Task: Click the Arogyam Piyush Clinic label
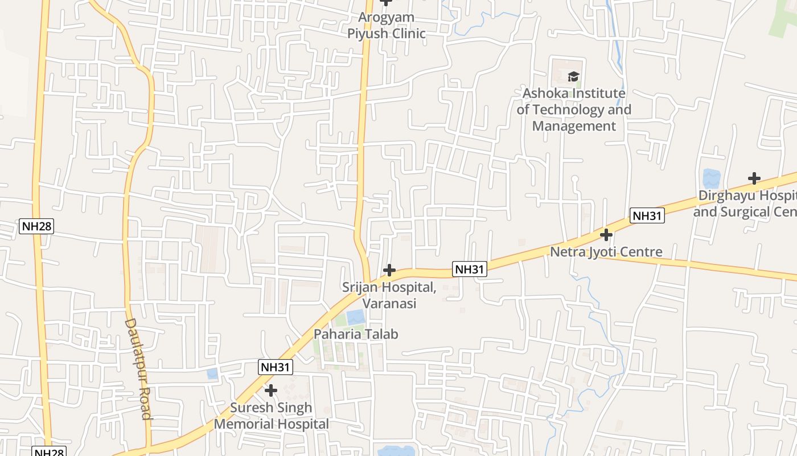coord(387,26)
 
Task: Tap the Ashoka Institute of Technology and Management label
coord(574,109)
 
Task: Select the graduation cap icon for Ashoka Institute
coord(573,76)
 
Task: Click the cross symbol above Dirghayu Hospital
coord(754,178)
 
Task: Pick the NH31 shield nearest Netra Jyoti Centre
coord(647,215)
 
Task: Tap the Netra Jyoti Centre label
coord(606,252)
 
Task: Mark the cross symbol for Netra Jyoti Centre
coord(606,234)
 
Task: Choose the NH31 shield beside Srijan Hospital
coord(470,269)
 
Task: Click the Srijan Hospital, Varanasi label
coord(389,295)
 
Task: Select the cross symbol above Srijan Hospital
coord(389,270)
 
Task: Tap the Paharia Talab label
coord(356,334)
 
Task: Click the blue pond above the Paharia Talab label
coord(355,317)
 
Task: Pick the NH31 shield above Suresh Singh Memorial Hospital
coord(276,367)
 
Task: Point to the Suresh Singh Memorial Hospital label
coord(272,416)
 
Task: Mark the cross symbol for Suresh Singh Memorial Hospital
coord(271,390)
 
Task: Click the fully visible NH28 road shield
coord(36,226)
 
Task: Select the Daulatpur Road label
coord(138,369)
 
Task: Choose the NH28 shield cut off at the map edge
coord(48,452)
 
